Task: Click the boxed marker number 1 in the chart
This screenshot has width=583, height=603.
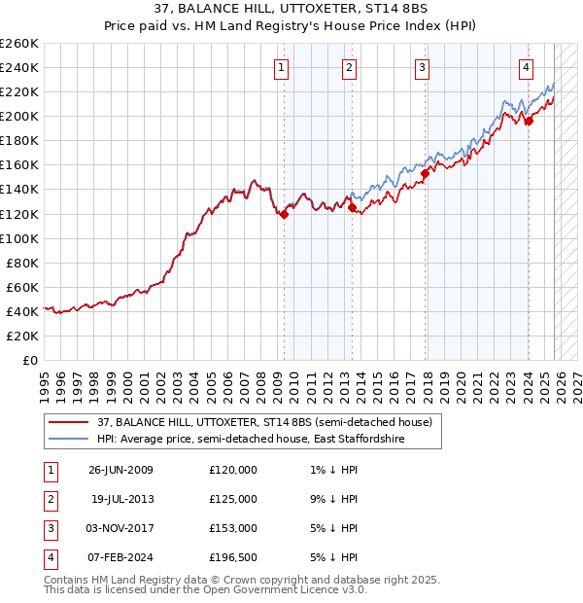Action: tap(281, 67)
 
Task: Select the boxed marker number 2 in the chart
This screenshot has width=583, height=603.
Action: tap(348, 67)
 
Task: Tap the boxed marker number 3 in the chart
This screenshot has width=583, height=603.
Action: tap(423, 67)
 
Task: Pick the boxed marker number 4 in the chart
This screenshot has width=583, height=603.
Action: tap(525, 67)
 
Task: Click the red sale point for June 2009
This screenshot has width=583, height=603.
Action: tap(284, 214)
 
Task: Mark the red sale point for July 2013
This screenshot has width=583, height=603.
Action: tap(351, 207)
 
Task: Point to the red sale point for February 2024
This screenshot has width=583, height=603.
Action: tap(529, 121)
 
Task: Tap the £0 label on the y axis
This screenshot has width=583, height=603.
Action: tap(29, 360)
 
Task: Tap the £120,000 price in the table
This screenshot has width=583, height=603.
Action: tap(233, 470)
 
